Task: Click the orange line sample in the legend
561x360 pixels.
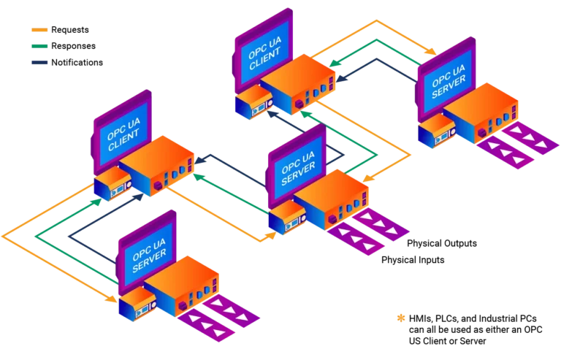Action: click(40, 30)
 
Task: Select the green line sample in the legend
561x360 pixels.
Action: click(40, 47)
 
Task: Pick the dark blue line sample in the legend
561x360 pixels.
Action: click(40, 64)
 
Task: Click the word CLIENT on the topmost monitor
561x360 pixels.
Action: click(263, 57)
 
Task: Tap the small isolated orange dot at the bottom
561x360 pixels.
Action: click(400, 318)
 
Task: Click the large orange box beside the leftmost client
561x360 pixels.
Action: click(157, 164)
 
